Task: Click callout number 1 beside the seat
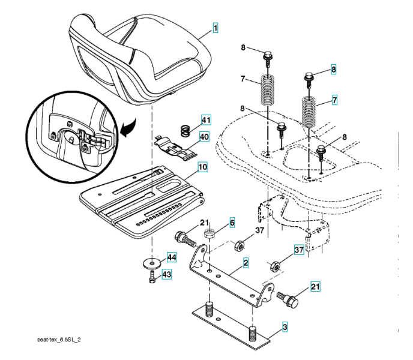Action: pyautogui.click(x=215, y=28)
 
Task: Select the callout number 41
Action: pyautogui.click(x=206, y=121)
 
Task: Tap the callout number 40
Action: pyautogui.click(x=204, y=136)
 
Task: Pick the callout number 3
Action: pyautogui.click(x=285, y=327)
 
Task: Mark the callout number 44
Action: pyautogui.click(x=171, y=257)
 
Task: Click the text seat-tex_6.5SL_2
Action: pyautogui.click(x=59, y=340)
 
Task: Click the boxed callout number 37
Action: pyautogui.click(x=299, y=250)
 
